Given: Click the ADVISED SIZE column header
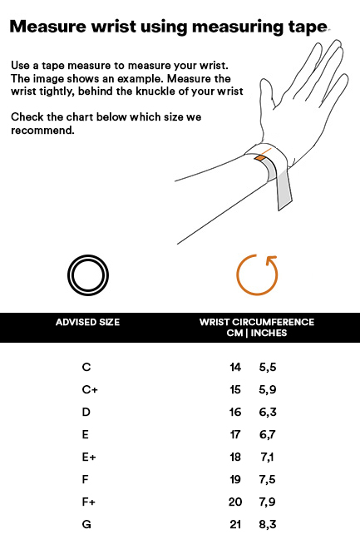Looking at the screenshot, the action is pyautogui.click(x=87, y=322).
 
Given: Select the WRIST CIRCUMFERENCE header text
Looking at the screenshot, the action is pyautogui.click(x=257, y=322).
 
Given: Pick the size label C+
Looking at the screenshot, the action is pyautogui.click(x=90, y=389).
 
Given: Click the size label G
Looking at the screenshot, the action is pyautogui.click(x=86, y=524).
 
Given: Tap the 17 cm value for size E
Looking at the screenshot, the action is pyautogui.click(x=235, y=434).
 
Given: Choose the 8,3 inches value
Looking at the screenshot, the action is pyautogui.click(x=268, y=524).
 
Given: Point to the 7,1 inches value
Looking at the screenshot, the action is pyautogui.click(x=268, y=458).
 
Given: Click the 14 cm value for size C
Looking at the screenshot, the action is pyautogui.click(x=235, y=368).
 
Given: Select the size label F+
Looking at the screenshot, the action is pyautogui.click(x=89, y=502).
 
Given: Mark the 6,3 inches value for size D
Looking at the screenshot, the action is pyautogui.click(x=268, y=413).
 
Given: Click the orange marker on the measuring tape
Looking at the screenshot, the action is pyautogui.click(x=261, y=158).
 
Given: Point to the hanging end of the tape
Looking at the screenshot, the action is pyautogui.click(x=284, y=190).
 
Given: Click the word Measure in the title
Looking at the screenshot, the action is pyautogui.click(x=48, y=27).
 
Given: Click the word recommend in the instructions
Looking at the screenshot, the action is pyautogui.click(x=42, y=131).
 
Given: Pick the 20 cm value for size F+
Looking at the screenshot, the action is pyautogui.click(x=235, y=502).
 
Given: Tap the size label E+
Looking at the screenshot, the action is pyautogui.click(x=89, y=458).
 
